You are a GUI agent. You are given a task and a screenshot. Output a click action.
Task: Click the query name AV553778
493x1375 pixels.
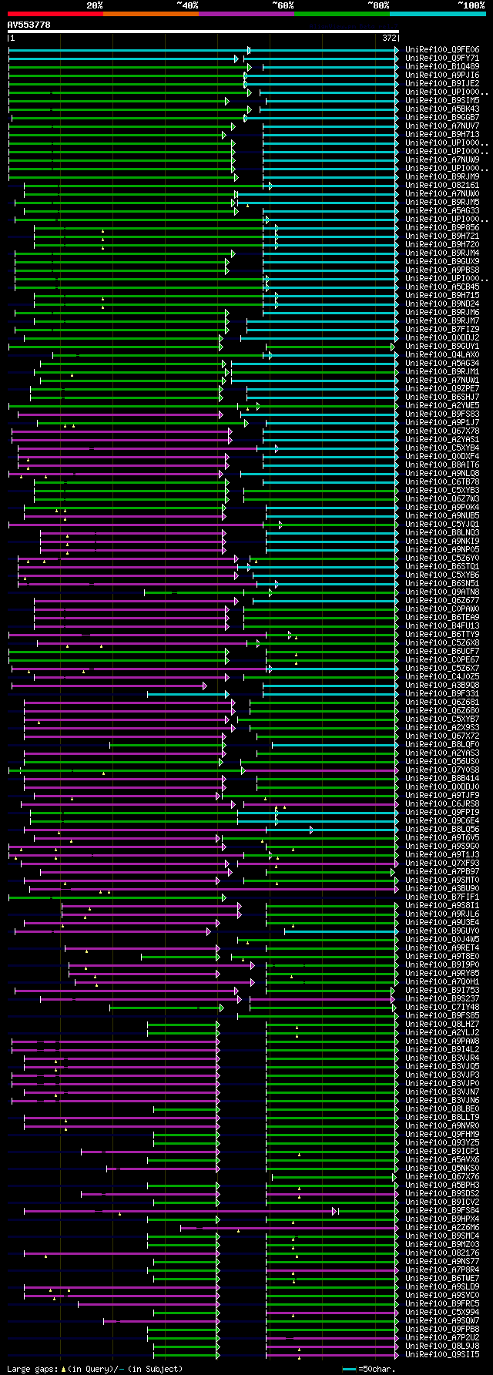coord(29,25)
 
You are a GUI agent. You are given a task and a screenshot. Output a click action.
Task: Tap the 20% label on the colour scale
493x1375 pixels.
coord(95,5)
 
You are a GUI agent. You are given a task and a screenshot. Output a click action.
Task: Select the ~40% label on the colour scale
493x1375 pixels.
coord(187,5)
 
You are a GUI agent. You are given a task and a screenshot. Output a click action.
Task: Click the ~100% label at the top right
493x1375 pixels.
coord(471,5)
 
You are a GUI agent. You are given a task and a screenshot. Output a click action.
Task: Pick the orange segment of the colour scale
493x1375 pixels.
coord(151,13)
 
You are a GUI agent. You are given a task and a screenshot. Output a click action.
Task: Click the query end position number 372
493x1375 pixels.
coord(389,38)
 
